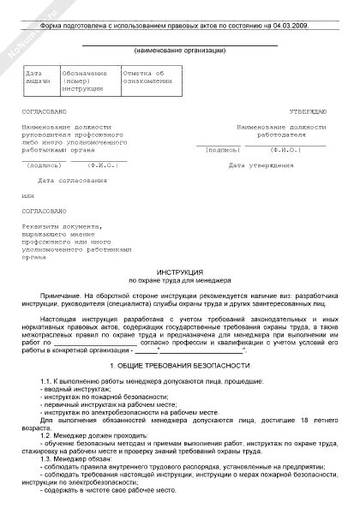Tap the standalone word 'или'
point(30,195)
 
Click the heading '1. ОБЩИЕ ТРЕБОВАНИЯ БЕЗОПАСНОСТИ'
point(179,365)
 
